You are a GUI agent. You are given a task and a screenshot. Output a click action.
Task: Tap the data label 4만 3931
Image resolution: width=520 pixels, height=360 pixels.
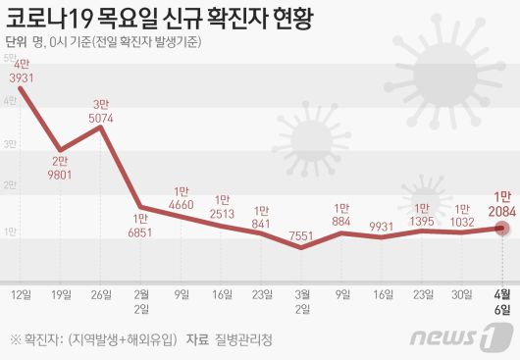(x=22, y=72)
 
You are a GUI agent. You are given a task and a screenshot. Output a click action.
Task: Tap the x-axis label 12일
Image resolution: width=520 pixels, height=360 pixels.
(x=21, y=293)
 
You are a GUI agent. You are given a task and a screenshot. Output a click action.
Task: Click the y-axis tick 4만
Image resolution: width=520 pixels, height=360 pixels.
(x=9, y=100)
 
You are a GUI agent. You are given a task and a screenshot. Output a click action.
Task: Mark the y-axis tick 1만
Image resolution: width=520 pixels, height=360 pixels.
(x=9, y=231)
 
